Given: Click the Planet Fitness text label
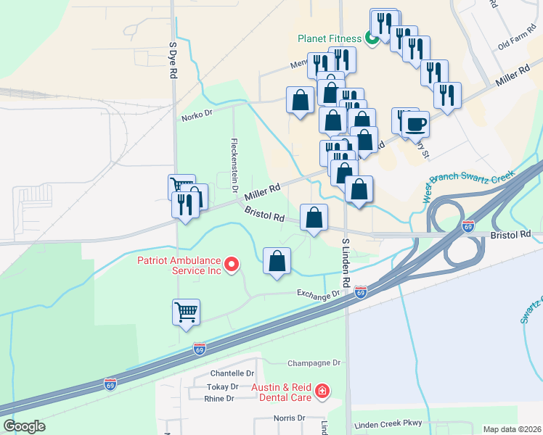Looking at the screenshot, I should click(330, 38).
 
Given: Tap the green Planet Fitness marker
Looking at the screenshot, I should click(372, 38).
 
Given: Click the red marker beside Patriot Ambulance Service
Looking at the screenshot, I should click(232, 265).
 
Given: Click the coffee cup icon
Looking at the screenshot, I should click(415, 123).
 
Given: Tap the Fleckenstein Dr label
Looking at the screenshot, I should click(234, 165).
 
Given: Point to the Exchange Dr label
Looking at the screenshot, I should click(318, 294).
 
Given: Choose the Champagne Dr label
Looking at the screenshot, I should click(314, 362).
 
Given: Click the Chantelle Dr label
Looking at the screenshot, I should click(211, 373).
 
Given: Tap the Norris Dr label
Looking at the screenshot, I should click(290, 418).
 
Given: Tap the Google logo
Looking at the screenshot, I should click(24, 426).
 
